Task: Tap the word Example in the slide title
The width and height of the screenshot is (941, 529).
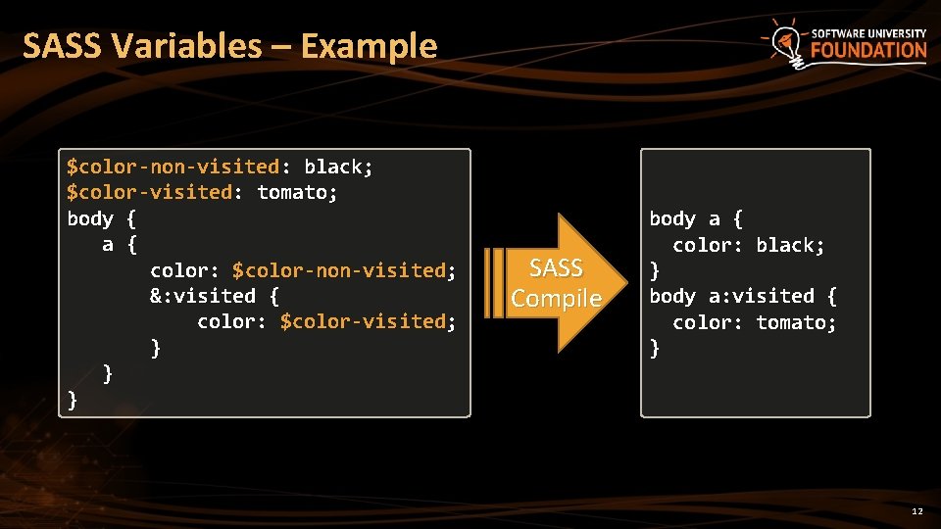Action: tap(370, 46)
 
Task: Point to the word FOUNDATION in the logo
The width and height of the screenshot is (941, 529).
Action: tap(868, 50)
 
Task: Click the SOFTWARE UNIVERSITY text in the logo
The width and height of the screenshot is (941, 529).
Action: tap(868, 33)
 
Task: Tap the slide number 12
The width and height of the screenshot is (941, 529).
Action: tap(916, 511)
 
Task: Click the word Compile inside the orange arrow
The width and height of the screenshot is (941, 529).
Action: tap(556, 299)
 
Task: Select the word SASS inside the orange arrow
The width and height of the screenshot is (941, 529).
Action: tap(556, 268)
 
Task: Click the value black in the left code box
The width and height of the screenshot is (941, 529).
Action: tap(333, 168)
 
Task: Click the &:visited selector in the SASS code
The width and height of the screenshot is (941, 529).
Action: tap(203, 296)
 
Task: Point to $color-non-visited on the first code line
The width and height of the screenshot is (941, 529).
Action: tap(173, 168)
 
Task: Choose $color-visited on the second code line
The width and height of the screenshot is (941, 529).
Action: tap(149, 193)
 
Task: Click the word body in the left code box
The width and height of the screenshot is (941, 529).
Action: tap(90, 218)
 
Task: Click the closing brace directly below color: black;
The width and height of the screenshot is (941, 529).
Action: tap(655, 270)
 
